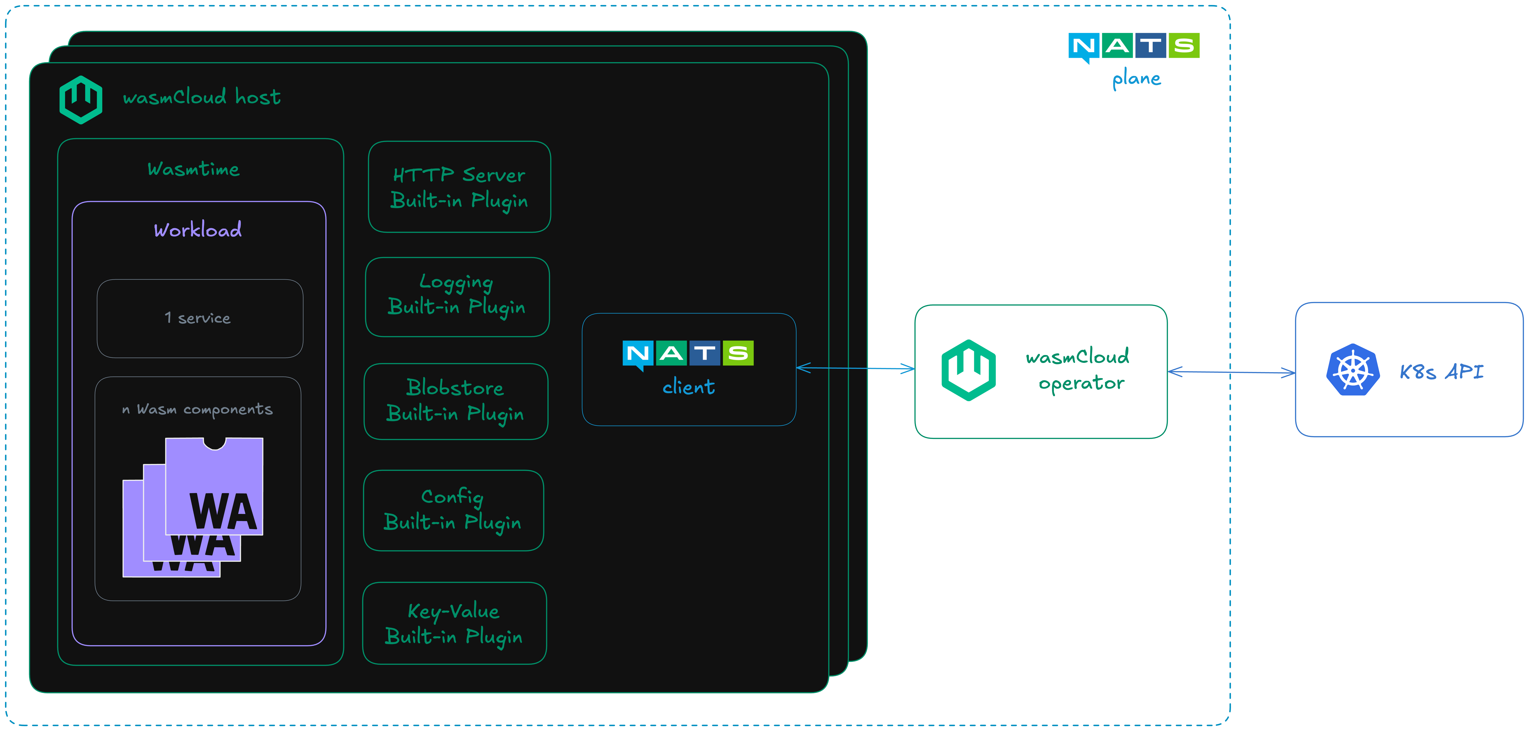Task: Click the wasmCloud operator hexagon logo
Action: click(968, 370)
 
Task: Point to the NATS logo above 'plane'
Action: click(1134, 46)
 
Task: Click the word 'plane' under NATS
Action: click(1136, 79)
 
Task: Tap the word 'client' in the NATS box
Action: click(688, 387)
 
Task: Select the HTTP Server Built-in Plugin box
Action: click(459, 187)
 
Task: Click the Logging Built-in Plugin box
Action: click(457, 297)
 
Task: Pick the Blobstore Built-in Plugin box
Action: click(455, 401)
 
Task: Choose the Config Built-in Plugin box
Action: click(453, 510)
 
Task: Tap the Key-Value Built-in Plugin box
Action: click(454, 623)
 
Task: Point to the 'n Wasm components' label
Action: click(197, 409)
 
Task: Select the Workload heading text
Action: click(198, 230)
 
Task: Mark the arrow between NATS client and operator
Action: click(855, 369)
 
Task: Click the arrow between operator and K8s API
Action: click(1231, 372)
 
